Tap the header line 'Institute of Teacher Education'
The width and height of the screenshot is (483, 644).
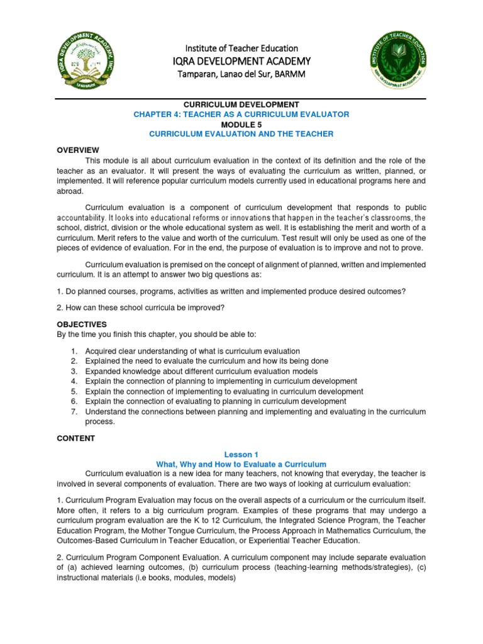click(241, 48)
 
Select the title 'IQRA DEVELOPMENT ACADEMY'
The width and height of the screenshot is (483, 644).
click(241, 61)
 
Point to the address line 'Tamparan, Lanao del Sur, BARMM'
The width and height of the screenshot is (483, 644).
click(241, 74)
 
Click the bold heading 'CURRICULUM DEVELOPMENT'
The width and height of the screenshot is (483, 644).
click(241, 104)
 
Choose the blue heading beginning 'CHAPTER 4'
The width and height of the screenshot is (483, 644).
click(241, 114)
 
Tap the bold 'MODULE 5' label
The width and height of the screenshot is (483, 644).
click(241, 124)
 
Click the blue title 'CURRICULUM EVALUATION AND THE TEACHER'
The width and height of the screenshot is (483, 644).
click(241, 134)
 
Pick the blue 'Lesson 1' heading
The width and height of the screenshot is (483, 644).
click(241, 454)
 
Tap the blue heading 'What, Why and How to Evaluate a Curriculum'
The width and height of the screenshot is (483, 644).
click(241, 464)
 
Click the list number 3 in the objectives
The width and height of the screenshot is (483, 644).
click(74, 371)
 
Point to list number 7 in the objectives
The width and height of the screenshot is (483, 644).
click(74, 411)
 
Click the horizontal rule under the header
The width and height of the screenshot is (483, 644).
click(241, 97)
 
